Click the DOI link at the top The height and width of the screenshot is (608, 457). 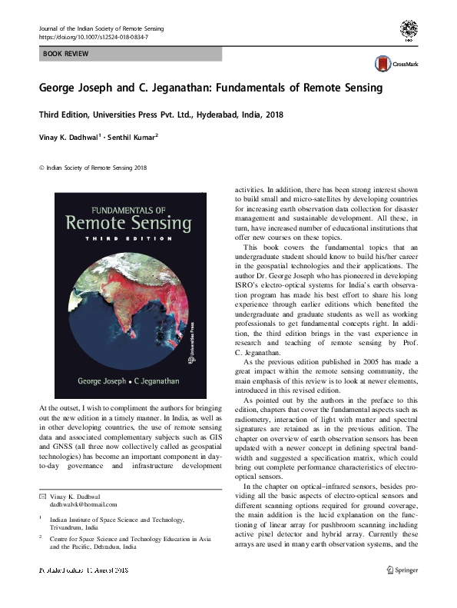(x=93, y=37)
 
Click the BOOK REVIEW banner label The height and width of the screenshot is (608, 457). (x=66, y=54)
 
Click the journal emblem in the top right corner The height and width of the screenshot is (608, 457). (x=410, y=30)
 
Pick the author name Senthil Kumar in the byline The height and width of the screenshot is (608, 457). (x=127, y=138)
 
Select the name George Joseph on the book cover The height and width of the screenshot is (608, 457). (x=104, y=380)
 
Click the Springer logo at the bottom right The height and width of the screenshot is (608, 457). (x=406, y=592)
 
